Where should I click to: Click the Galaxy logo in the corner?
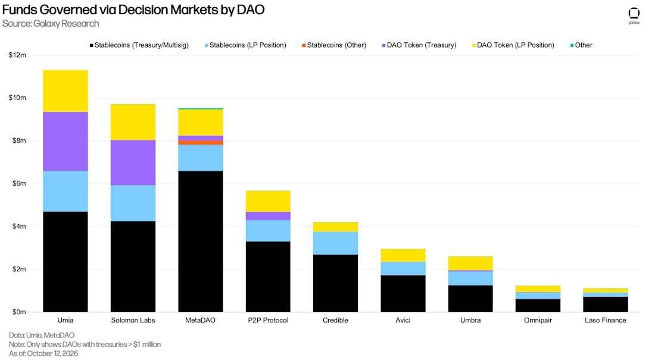tap(634, 15)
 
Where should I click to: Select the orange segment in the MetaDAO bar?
tap(201, 142)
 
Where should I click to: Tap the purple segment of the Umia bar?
tap(65, 141)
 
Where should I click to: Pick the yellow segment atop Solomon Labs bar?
tap(133, 122)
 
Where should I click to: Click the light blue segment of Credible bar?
tap(335, 243)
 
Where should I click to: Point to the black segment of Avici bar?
tap(403, 293)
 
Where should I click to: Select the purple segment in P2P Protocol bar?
tap(268, 216)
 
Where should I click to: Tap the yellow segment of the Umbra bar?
tap(470, 263)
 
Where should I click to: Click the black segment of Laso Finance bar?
tap(606, 305)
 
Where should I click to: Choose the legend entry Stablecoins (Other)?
tap(334, 45)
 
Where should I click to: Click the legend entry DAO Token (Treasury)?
tap(419, 45)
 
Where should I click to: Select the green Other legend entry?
tap(581, 45)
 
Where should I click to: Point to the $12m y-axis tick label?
tap(17, 55)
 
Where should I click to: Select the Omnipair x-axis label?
tap(538, 320)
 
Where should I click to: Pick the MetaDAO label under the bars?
tap(201, 320)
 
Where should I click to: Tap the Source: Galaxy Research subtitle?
tap(51, 23)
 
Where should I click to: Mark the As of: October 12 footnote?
tap(43, 353)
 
